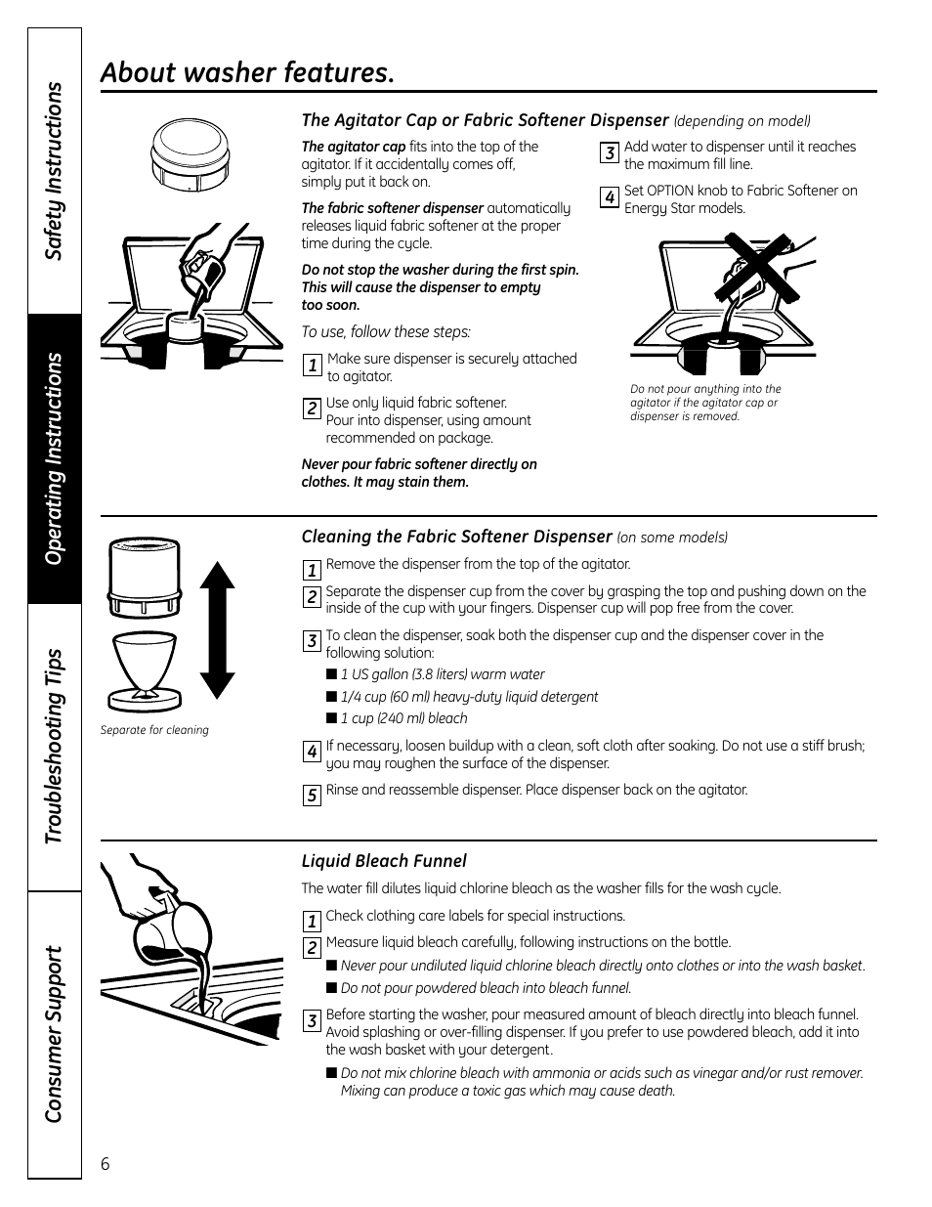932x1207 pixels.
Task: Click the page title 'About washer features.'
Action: tap(248, 72)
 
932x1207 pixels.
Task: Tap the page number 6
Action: tap(106, 1163)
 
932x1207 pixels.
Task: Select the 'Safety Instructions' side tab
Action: tap(55, 171)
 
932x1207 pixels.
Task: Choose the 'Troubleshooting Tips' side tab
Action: tap(55, 747)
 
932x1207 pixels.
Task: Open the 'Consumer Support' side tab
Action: tap(55, 1033)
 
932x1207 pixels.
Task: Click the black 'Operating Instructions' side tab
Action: tap(55, 458)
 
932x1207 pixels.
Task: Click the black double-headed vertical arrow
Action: tap(217, 631)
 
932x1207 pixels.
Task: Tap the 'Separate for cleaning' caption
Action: tap(154, 730)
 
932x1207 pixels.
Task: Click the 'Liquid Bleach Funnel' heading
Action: tap(384, 861)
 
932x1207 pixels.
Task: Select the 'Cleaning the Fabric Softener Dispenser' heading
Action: tap(456, 537)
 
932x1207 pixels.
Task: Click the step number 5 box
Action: tap(312, 796)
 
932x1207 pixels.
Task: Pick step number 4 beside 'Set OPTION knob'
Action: tap(609, 197)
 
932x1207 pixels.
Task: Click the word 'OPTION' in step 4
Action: tap(669, 191)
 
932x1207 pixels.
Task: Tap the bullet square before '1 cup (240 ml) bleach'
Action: tap(331, 718)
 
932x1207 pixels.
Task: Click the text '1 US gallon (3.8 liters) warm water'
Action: tap(443, 674)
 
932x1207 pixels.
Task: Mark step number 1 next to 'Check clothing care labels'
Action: tap(312, 921)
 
